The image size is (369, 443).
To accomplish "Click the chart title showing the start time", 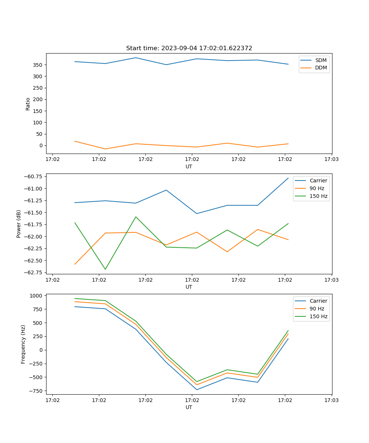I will pyautogui.click(x=189, y=48).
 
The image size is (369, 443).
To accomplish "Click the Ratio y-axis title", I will pyautogui.click(x=28, y=104).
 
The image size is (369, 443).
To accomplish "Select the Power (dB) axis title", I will pyautogui.click(x=19, y=224).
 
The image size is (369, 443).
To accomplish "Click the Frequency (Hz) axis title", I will pyautogui.click(x=23, y=344).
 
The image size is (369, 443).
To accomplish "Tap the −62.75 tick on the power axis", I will pyautogui.click(x=33, y=272).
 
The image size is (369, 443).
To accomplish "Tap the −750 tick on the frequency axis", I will pyautogui.click(x=36, y=391).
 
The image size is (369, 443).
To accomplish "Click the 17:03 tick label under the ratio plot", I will pyautogui.click(x=331, y=159).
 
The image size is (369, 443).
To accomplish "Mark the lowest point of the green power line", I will pyautogui.click(x=105, y=269).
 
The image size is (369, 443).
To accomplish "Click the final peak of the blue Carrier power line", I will pyautogui.click(x=288, y=178).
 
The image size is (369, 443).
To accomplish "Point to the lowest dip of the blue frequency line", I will pyautogui.click(x=197, y=389).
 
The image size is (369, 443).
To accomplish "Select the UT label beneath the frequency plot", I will pyautogui.click(x=189, y=407).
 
